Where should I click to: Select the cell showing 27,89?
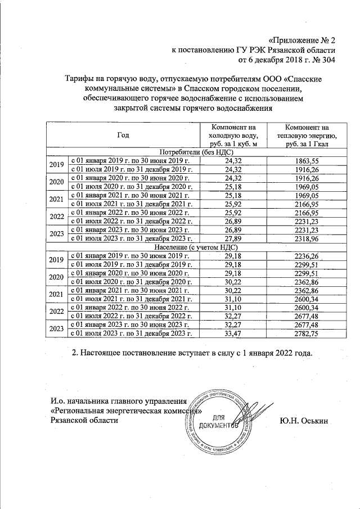pyautogui.click(x=233, y=239)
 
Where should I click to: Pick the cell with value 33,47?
pyautogui.click(x=233, y=333)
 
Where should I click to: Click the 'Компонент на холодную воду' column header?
pyautogui.click(x=233, y=136)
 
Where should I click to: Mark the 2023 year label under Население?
pyautogui.click(x=56, y=329)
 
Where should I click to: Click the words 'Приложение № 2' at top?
pyautogui.click(x=304, y=40)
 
